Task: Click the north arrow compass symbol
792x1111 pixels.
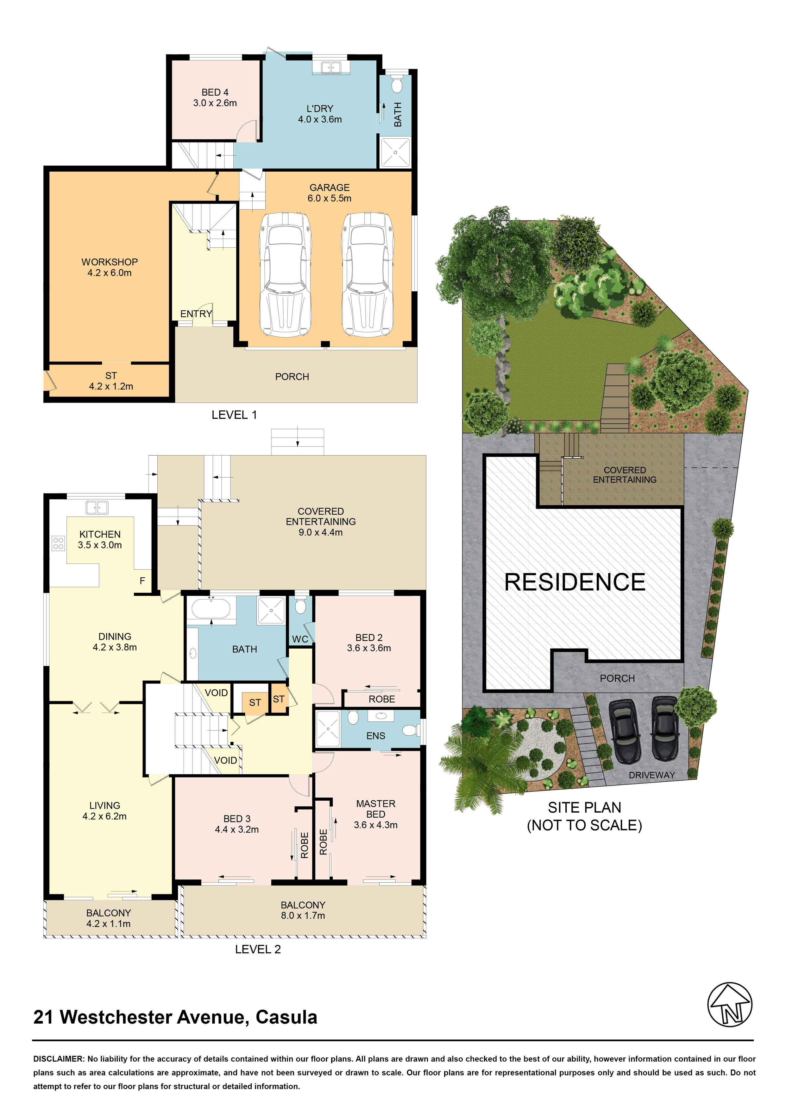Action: [730, 1005]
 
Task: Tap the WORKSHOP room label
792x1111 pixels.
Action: [110, 262]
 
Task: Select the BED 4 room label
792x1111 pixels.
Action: [215, 92]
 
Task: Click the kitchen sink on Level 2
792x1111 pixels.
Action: [97, 507]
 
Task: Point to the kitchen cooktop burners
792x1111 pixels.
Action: [58, 543]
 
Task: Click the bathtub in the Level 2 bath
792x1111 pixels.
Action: [211, 609]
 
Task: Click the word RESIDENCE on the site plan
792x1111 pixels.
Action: [575, 582]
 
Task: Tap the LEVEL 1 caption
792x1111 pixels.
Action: [234, 415]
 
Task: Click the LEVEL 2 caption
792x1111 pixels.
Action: [258, 949]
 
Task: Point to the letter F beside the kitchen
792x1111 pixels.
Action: [142, 581]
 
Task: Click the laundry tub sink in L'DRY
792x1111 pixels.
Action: [331, 67]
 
